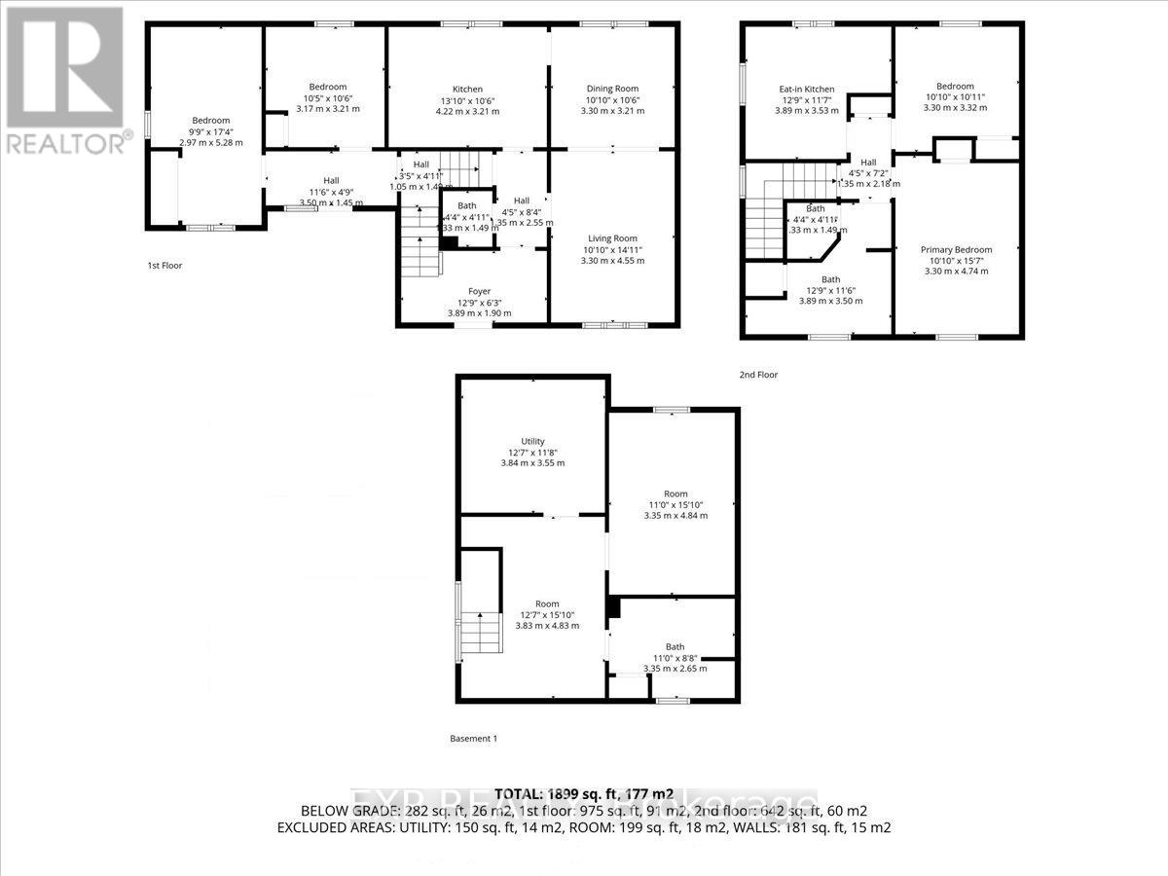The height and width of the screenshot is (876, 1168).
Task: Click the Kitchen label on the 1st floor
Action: tap(467, 89)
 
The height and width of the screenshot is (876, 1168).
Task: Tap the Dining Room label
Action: tap(612, 89)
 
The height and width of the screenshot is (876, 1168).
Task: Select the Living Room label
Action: tap(612, 238)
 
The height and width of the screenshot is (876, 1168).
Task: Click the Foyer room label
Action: tap(479, 291)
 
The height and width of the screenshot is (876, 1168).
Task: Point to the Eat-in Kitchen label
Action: tap(806, 90)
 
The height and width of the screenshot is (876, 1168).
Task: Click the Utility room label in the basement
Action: tap(532, 441)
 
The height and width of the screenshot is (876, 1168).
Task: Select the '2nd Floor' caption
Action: tap(760, 374)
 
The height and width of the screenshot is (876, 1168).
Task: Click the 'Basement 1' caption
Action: tap(474, 739)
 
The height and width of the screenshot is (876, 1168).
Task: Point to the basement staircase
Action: tap(480, 634)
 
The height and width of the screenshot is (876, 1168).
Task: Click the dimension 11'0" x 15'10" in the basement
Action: tap(675, 504)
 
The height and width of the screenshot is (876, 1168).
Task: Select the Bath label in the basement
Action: tap(675, 646)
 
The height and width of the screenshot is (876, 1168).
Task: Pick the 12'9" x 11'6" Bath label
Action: tap(830, 290)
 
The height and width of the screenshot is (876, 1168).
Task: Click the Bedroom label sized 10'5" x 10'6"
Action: tap(327, 98)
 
